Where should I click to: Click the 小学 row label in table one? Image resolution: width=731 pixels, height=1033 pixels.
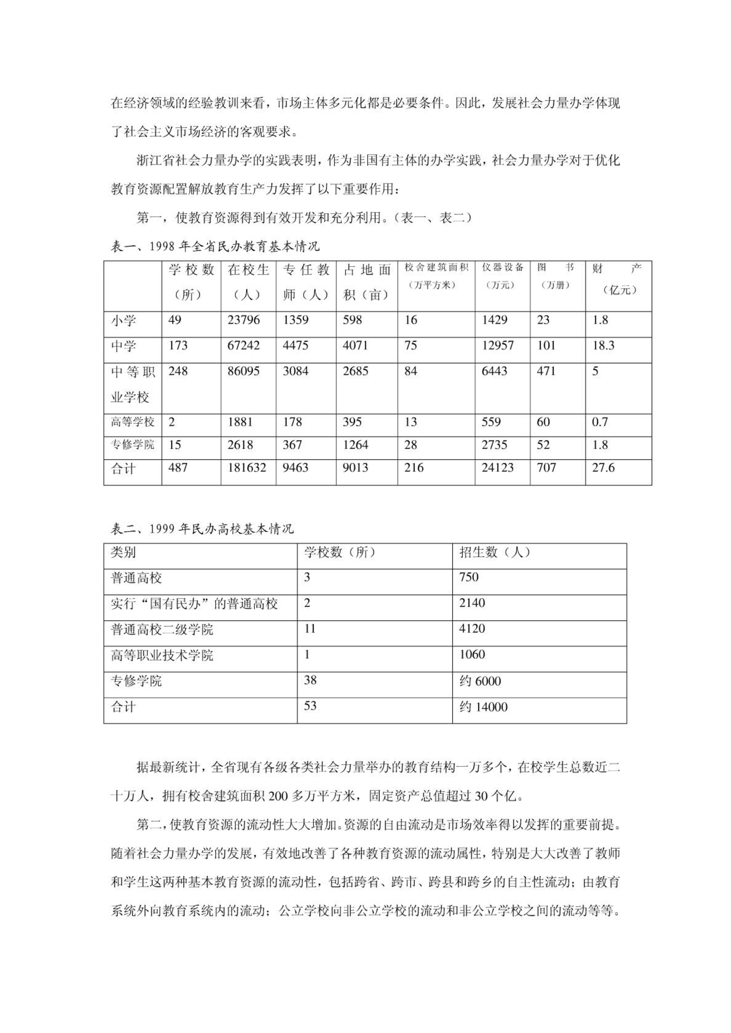[x=123, y=320]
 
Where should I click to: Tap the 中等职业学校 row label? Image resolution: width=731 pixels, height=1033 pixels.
[x=133, y=384]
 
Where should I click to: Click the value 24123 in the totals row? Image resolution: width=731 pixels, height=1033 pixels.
[x=497, y=468]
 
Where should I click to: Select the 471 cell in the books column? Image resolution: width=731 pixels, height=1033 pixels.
[x=546, y=371]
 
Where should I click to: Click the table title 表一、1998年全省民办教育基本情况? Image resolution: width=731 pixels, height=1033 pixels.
[x=215, y=246]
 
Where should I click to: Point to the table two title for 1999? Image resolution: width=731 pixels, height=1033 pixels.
[x=202, y=529]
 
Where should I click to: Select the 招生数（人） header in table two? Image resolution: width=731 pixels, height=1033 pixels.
[x=495, y=552]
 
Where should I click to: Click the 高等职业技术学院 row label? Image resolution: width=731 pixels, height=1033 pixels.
[x=162, y=655]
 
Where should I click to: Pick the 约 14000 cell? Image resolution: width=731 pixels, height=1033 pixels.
[x=483, y=707]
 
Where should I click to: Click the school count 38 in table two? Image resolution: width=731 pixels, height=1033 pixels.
[x=310, y=680]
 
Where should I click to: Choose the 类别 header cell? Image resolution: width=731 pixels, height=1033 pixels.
[x=123, y=552]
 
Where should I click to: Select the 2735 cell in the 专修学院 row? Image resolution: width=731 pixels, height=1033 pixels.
[x=494, y=445]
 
